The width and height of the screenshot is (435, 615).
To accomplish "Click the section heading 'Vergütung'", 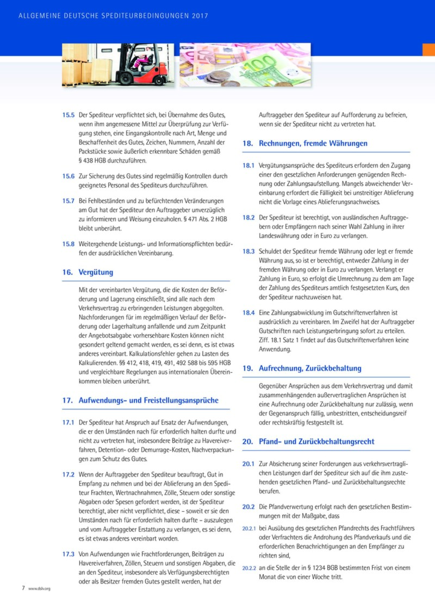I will click(x=96, y=272).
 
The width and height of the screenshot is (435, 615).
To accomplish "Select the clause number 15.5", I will click(x=68, y=115).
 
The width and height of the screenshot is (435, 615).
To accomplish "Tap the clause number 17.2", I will click(x=68, y=474).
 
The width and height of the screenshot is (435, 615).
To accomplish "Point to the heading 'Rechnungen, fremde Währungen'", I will click(x=313, y=143).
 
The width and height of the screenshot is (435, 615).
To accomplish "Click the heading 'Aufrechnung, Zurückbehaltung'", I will click(x=310, y=368).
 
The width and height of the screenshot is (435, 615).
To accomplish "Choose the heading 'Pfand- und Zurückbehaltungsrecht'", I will click(x=317, y=442).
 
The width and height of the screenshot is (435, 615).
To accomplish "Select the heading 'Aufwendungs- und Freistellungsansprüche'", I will click(x=148, y=400).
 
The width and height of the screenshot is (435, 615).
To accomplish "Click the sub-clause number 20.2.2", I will click(x=249, y=568).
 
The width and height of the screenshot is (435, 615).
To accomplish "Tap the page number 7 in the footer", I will click(x=23, y=588).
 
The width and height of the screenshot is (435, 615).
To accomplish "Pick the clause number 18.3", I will click(x=248, y=252).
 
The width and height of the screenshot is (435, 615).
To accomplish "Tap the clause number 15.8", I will click(x=68, y=244).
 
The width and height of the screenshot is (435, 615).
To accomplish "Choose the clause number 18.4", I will click(x=248, y=313).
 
